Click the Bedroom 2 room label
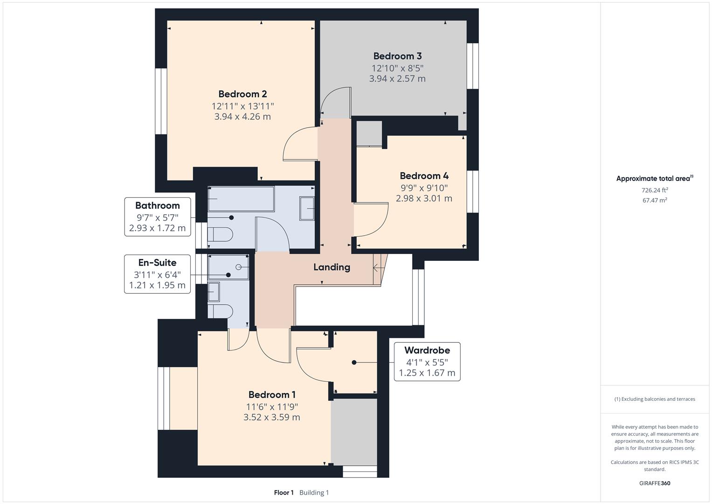242,94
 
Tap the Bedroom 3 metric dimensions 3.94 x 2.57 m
397,78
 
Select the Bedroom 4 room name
424,175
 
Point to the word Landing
332,267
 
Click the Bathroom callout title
157,205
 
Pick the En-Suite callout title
157,262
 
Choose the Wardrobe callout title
427,350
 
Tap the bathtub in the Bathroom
241,199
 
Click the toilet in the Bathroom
220,234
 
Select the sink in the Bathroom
307,209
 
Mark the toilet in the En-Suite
220,311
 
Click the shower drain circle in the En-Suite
238,267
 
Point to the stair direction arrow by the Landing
378,268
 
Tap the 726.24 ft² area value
655,190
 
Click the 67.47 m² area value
655,201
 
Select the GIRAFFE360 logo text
655,483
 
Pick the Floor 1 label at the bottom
284,493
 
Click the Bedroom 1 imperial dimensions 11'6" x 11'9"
272,407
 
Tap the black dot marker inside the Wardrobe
354,363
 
